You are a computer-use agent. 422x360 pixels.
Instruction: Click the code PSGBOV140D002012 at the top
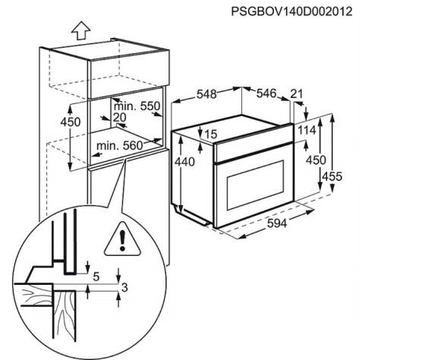[x=291, y=11]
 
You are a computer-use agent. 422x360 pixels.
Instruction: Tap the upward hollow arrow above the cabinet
[x=80, y=30]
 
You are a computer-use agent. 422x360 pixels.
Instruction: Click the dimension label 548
[x=206, y=94]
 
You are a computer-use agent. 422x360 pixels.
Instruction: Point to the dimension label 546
[x=266, y=93]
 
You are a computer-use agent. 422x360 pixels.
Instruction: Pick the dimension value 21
[x=297, y=93]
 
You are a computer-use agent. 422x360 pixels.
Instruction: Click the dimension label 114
[x=307, y=131]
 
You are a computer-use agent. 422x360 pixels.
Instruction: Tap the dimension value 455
[x=332, y=177]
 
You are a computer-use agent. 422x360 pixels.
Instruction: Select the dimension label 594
[x=277, y=223]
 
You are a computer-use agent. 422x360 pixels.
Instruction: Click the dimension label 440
[x=184, y=162]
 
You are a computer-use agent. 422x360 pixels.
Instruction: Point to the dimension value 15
[x=211, y=134]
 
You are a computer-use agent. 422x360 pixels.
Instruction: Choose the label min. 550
[x=137, y=106]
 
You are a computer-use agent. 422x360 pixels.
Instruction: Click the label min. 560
[x=119, y=146]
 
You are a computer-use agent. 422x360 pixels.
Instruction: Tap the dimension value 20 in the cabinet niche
[x=120, y=118]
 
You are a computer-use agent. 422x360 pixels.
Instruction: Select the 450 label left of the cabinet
[x=71, y=122]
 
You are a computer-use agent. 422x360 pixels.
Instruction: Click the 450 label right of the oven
[x=316, y=160]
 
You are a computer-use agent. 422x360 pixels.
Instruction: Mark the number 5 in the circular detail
[x=96, y=276]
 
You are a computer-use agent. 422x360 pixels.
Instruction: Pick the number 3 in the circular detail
[x=124, y=288]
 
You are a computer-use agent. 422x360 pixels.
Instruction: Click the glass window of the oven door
[x=255, y=185]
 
